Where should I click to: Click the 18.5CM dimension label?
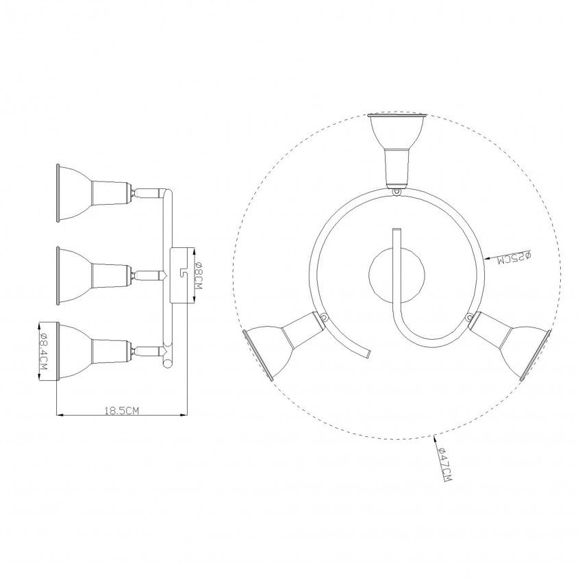(x=122, y=410)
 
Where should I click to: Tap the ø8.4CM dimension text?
(x=44, y=351)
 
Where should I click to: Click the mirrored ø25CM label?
(x=514, y=257)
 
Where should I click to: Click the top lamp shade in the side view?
(x=74, y=193)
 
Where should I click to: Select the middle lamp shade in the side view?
(x=74, y=276)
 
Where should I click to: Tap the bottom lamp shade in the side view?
(x=74, y=351)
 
